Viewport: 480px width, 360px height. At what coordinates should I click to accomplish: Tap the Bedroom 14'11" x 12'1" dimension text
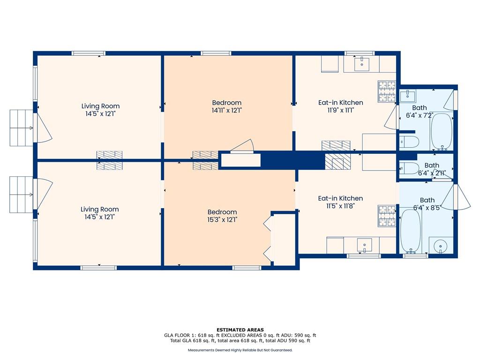[x=227, y=110]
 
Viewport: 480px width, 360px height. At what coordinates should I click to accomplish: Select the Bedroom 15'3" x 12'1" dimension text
[x=222, y=219]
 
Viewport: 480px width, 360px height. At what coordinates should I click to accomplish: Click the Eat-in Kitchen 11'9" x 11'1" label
[x=341, y=106]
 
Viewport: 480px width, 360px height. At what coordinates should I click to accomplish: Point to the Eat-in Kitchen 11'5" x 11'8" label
[x=340, y=202]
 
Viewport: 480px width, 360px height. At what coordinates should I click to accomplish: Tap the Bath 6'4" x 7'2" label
[x=420, y=112]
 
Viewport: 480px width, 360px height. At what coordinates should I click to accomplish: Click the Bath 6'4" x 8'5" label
[x=427, y=204]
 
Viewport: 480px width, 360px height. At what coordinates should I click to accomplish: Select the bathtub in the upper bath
[x=442, y=132]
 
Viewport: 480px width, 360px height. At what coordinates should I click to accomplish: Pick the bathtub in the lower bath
[x=411, y=231]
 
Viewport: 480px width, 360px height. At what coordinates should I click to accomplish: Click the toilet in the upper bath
[x=409, y=142]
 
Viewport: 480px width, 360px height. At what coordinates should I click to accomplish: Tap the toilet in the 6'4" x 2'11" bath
[x=409, y=168]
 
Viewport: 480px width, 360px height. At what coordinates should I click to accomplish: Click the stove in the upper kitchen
[x=387, y=91]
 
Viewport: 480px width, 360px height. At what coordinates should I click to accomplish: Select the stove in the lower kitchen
[x=387, y=216]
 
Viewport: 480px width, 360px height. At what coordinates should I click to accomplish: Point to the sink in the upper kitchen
[x=362, y=63]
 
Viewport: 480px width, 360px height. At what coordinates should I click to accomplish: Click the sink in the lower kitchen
[x=365, y=245]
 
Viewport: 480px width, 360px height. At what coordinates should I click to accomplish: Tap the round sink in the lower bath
[x=440, y=246]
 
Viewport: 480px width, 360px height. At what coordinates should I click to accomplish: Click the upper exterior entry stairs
[x=22, y=127]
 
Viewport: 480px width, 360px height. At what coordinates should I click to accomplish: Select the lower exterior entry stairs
[x=21, y=195]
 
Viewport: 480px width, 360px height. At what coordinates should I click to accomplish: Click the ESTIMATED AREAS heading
[x=240, y=330]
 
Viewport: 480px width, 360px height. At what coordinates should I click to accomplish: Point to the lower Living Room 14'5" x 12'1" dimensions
[x=100, y=217]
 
